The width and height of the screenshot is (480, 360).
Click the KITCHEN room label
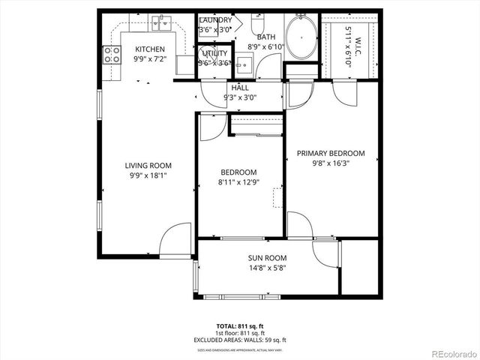(x=150, y=50)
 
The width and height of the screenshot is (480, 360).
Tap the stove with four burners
(x=112, y=54)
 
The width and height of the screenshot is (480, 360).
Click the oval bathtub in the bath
(x=301, y=37)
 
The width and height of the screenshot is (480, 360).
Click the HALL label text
(x=240, y=88)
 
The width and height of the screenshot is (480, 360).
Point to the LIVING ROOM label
(x=148, y=166)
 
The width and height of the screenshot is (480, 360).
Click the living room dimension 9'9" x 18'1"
(x=148, y=175)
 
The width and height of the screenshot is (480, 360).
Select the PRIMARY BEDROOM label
(x=331, y=153)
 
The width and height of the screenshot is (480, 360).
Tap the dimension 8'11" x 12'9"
(x=238, y=181)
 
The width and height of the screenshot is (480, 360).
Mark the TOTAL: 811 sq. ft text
(x=240, y=326)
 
